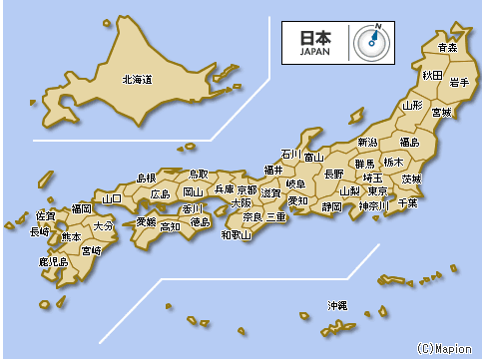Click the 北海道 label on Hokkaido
(137, 79)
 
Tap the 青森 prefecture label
(447, 47)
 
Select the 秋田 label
(431, 75)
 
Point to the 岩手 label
(459, 82)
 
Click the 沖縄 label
(337, 304)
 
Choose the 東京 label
(377, 190)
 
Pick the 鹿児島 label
(53, 262)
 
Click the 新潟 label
(367, 142)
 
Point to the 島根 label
(147, 177)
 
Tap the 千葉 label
(407, 202)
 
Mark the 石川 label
(289, 155)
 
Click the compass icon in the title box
(371, 41)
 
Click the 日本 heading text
(314, 36)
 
